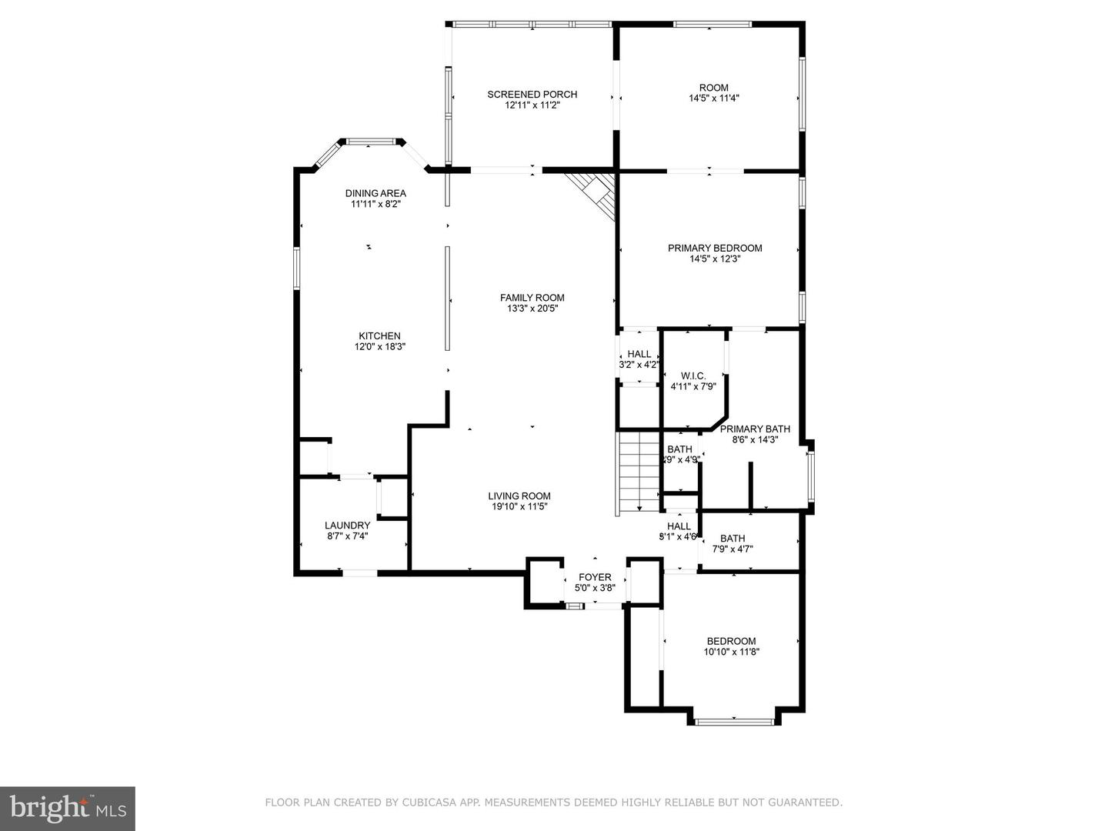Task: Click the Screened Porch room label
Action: pos(532,95)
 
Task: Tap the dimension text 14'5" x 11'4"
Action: pos(713,98)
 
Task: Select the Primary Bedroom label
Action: pos(715,248)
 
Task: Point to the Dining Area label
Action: pos(375,193)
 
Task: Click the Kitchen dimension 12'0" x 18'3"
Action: pos(379,347)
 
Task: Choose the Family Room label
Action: pos(532,298)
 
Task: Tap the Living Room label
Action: pos(519,496)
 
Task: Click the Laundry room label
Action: pos(347,526)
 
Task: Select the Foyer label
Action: pos(595,577)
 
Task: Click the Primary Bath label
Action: pos(755,429)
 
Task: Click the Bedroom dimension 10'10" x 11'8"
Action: pos(731,652)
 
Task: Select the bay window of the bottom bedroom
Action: pos(734,721)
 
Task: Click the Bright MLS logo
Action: pos(68,808)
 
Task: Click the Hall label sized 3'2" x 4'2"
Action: pos(639,354)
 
